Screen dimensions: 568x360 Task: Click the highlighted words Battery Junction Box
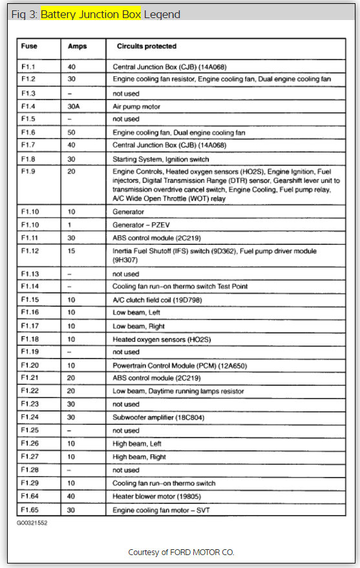pyautogui.click(x=90, y=14)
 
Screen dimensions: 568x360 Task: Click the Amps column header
pyautogui.click(x=77, y=47)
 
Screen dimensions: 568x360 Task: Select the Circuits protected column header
pyautogui.click(x=146, y=47)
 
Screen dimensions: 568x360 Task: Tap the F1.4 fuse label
pyautogui.click(x=28, y=106)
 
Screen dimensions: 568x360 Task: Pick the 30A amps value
pyautogui.click(x=75, y=106)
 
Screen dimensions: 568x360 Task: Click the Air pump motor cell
pyautogui.click(x=136, y=106)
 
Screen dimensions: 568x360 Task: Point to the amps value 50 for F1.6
pyautogui.click(x=72, y=132)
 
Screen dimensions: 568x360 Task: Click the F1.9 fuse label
pyautogui.click(x=28, y=172)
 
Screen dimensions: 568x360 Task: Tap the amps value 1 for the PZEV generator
pyautogui.click(x=70, y=225)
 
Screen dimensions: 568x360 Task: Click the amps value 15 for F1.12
pyautogui.click(x=72, y=251)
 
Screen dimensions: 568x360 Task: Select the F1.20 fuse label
pyautogui.click(x=30, y=365)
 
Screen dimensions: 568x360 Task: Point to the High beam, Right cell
pyautogui.click(x=138, y=457)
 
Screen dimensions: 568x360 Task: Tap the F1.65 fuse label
pyautogui.click(x=30, y=510)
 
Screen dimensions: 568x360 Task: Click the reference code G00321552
pyautogui.click(x=32, y=523)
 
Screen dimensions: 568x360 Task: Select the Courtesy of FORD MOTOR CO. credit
pyautogui.click(x=181, y=552)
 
